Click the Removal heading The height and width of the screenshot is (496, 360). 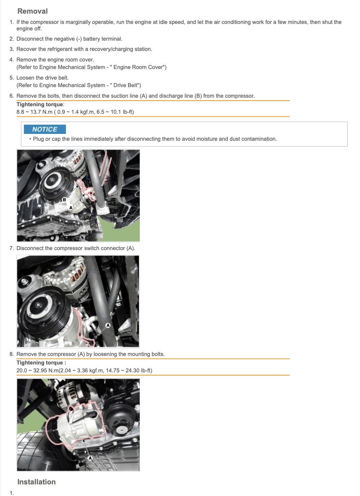pos(32,11)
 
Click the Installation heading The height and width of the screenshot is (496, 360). pos(37,482)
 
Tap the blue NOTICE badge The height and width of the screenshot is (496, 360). pos(45,129)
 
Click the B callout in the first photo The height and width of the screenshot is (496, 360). pos(64,199)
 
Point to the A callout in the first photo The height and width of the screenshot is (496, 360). pos(71,208)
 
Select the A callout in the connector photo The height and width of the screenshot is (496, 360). pos(108,325)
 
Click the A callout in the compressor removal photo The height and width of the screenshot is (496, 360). pos(90,458)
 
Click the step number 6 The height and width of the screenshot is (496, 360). pos(12,96)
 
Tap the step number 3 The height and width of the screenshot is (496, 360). pos(12,49)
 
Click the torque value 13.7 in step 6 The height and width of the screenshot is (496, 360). pos(35,112)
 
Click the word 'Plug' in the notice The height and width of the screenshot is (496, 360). pos(38,139)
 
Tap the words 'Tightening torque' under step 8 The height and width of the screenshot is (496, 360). pos(40,363)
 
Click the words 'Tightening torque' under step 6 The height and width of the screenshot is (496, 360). pos(40,104)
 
